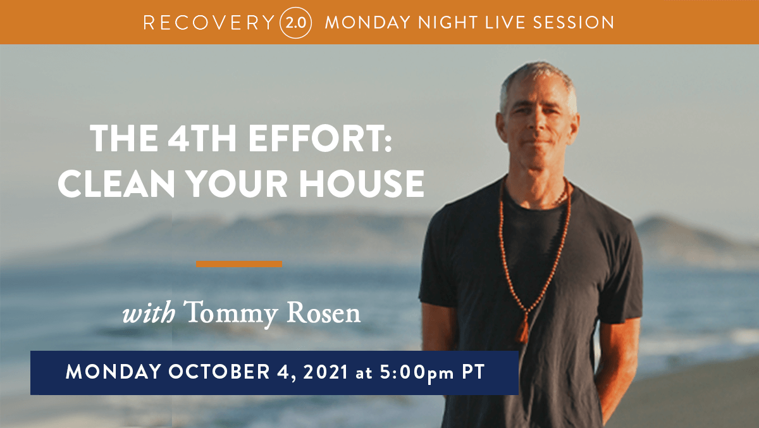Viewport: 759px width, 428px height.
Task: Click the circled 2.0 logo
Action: click(x=295, y=23)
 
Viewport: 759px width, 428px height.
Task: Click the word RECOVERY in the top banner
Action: click(x=209, y=23)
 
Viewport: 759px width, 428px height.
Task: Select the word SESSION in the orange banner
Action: click(x=574, y=23)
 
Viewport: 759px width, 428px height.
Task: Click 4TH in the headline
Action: click(x=202, y=139)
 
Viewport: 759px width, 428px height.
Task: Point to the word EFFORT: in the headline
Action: click(x=320, y=139)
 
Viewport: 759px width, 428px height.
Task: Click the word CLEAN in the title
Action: click(x=116, y=184)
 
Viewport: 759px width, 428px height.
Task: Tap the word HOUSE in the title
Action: click(x=361, y=184)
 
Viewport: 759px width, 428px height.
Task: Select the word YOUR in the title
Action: click(x=237, y=184)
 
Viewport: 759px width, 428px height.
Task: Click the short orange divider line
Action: click(x=239, y=264)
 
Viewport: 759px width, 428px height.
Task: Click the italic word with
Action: click(x=149, y=312)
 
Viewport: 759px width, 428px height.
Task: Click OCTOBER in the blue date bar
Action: click(x=219, y=372)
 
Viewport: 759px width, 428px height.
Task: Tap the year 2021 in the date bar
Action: click(x=325, y=372)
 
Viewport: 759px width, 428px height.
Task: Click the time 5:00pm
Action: click(x=416, y=372)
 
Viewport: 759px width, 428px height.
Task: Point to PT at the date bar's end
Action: click(x=473, y=372)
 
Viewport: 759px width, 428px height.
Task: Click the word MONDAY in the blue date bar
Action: click(x=113, y=372)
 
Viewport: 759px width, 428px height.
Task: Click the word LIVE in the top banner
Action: click(x=505, y=23)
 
